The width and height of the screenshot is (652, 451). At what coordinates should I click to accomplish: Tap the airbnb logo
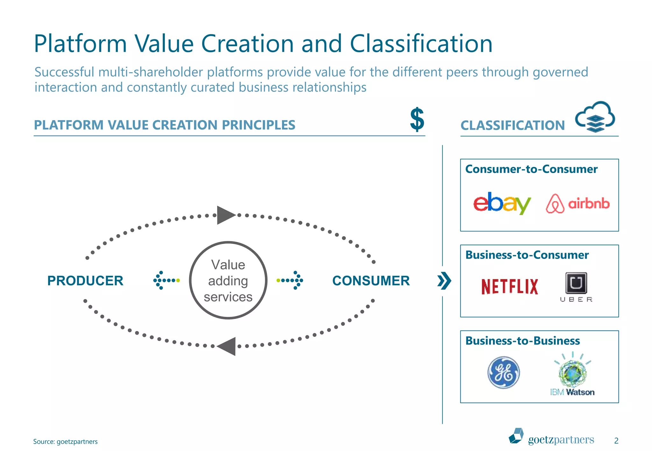[x=578, y=204]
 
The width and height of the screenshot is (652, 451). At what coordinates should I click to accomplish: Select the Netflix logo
[x=509, y=286]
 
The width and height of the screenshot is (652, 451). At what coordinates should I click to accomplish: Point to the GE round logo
[x=504, y=372]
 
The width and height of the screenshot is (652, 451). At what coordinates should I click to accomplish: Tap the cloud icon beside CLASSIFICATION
[x=595, y=117]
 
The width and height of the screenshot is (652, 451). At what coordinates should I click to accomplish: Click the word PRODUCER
[x=85, y=281]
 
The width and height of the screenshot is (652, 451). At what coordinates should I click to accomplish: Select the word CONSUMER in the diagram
[x=371, y=281]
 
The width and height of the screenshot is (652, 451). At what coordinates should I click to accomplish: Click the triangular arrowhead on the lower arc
[x=227, y=346]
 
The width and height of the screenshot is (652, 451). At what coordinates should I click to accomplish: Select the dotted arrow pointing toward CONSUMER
[x=290, y=280]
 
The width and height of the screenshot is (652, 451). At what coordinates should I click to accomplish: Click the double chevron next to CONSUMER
[x=444, y=281]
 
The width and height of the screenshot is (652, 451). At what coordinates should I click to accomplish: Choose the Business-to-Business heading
[x=522, y=341]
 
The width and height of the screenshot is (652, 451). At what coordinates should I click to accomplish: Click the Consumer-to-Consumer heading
[x=531, y=169]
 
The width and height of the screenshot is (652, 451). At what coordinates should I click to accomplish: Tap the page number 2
[x=616, y=441]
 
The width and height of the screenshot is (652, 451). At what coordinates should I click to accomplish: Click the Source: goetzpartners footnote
[x=65, y=441]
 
